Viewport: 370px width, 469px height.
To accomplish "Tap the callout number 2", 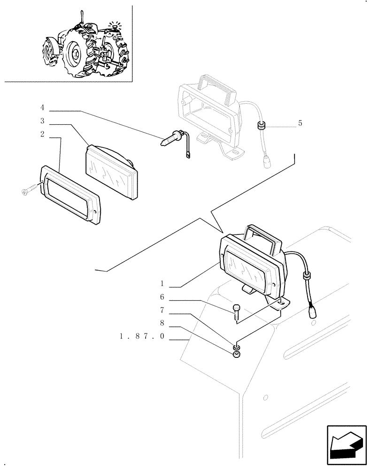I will [42, 135].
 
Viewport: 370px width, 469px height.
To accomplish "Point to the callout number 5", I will [300, 124].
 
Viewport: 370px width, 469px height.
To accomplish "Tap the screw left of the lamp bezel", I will [28, 191].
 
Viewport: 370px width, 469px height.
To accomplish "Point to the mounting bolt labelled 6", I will [236, 310].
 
